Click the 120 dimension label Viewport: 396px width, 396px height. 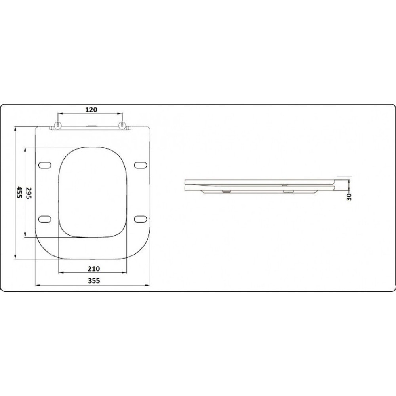pyautogui.click(x=91, y=110)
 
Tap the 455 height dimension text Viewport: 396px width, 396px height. pyautogui.click(x=19, y=192)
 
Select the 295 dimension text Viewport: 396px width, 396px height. pyautogui.click(x=29, y=193)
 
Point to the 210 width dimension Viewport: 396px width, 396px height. pyautogui.click(x=94, y=269)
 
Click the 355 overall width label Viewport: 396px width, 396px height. pyautogui.click(x=94, y=281)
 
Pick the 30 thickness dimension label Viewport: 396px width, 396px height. pyautogui.click(x=349, y=197)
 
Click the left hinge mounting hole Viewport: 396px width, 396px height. pyautogui.click(x=58, y=124)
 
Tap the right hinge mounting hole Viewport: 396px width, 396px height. pyautogui.click(x=122, y=124)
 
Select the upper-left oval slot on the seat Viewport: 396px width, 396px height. pyautogui.click(x=45, y=165)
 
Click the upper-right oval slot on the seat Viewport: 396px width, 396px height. pyautogui.click(x=140, y=165)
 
